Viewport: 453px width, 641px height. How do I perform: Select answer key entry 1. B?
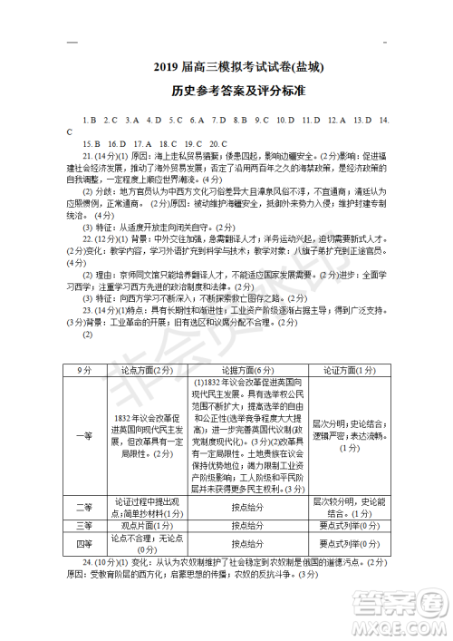tap(89, 120)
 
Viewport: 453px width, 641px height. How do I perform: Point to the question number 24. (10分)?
tap(100, 562)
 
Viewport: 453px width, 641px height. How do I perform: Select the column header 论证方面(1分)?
tap(342, 370)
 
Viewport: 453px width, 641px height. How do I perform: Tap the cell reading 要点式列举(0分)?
tap(342, 543)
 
